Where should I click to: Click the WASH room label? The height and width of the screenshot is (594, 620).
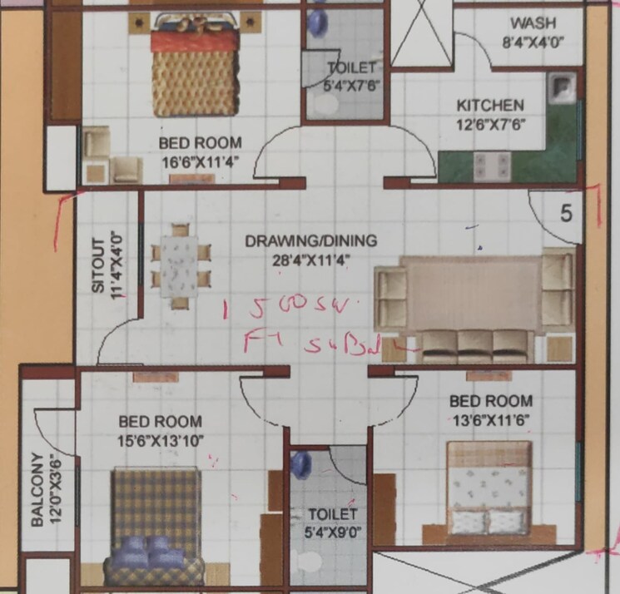tap(533, 23)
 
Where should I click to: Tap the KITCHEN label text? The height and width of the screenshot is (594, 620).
tap(490, 106)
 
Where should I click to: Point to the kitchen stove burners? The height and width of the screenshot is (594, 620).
tap(492, 166)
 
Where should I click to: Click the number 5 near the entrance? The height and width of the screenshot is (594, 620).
tap(566, 214)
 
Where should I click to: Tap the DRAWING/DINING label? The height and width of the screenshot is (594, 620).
tap(310, 241)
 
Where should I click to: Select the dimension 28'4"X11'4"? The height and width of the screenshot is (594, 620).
tap(310, 259)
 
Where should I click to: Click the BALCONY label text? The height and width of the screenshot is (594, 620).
tap(37, 491)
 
